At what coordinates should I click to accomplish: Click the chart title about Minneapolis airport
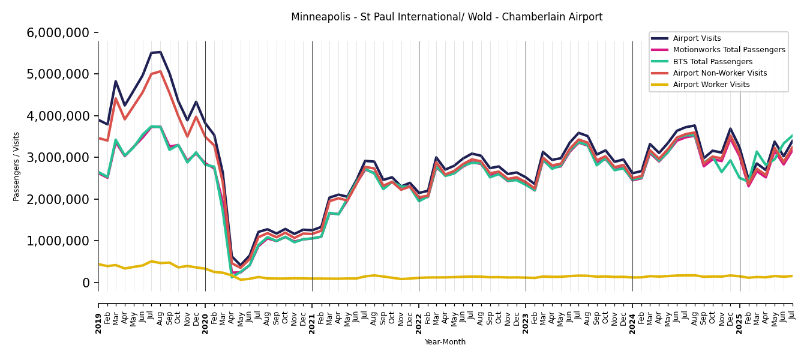pos(446,17)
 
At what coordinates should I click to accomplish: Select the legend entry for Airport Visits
pos(697,38)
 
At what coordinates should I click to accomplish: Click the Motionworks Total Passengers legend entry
pos(728,50)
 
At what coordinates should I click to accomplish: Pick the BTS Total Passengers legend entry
pos(712,62)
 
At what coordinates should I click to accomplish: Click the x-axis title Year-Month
pos(445,342)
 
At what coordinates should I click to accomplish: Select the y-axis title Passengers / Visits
pos(17,166)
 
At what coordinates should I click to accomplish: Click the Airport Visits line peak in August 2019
pos(160,52)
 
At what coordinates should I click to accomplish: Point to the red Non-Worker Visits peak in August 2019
pos(160,71)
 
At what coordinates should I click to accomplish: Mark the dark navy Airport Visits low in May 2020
pos(241,266)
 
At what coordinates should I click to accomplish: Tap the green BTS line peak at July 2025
pos(792,136)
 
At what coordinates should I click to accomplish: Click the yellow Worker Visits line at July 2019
pos(151,262)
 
